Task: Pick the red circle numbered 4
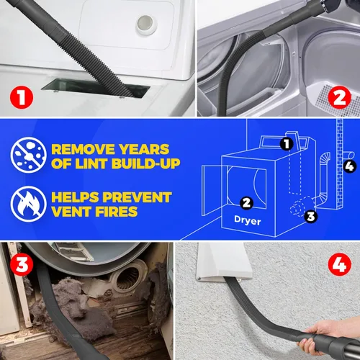click(337, 264)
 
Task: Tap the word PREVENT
click(138, 197)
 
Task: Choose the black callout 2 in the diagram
click(246, 202)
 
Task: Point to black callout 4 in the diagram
click(351, 168)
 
